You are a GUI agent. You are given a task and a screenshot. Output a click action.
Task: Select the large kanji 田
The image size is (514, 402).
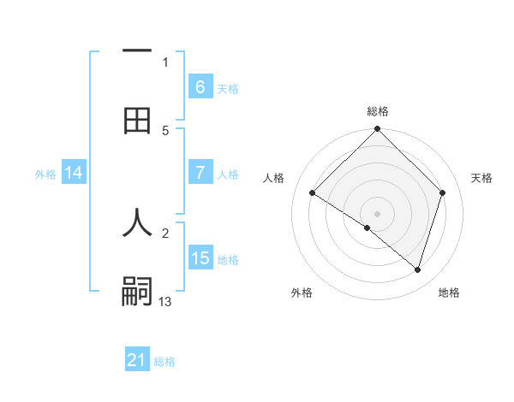point(137,121)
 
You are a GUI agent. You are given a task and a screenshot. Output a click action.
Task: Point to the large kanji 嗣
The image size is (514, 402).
point(137,292)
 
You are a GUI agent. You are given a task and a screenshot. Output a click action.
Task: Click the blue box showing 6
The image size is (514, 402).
point(200,86)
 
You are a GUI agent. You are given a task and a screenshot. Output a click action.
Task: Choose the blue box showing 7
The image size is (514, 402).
point(200,173)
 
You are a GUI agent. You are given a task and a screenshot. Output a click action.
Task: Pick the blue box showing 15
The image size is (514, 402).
point(200,258)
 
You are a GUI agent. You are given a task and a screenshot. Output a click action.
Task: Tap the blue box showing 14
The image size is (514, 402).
point(74,173)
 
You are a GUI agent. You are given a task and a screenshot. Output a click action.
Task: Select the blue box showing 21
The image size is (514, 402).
point(136,360)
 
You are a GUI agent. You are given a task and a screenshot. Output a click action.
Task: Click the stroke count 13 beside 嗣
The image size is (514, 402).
point(165,301)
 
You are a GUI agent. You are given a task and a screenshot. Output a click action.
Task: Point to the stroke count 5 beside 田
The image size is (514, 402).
point(165,130)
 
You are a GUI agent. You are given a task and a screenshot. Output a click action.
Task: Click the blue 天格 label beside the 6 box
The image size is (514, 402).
point(228,88)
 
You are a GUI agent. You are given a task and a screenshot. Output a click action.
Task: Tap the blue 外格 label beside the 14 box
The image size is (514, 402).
point(45,174)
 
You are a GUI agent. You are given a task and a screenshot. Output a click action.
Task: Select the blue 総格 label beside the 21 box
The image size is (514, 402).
point(164,362)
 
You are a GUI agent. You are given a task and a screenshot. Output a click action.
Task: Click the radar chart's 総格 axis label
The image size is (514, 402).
point(378,112)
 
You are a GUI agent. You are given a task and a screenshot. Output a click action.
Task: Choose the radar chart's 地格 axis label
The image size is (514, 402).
point(449,293)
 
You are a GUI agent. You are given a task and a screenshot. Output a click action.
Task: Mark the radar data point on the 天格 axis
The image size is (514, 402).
point(443,192)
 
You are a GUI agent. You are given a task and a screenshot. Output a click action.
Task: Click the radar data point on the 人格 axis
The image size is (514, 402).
point(313,192)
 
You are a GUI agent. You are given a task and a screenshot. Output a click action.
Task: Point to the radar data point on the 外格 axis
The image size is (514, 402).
point(368,228)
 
